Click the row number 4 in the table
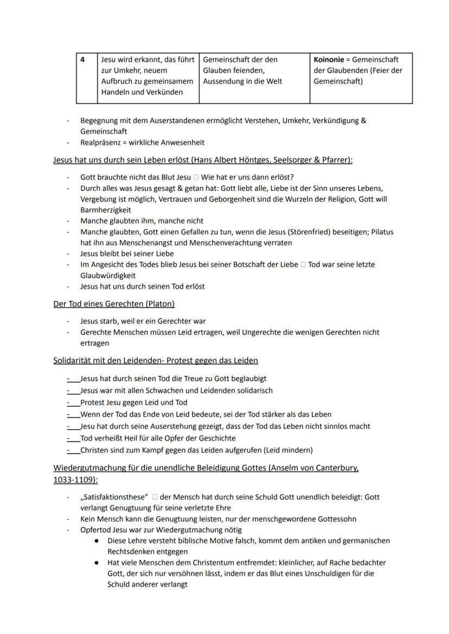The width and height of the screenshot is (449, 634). (x=82, y=60)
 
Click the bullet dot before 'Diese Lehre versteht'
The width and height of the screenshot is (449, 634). (x=96, y=541)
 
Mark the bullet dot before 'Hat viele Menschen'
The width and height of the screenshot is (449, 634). (x=96, y=563)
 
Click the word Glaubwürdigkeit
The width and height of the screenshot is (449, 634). (x=108, y=276)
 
